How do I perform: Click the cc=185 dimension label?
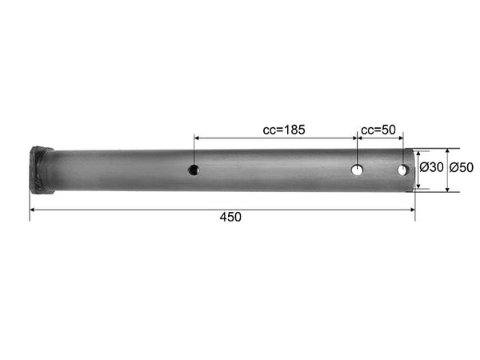coord(284,130)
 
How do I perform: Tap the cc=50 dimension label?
coord(378,130)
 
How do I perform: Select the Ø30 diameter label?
coord(431,167)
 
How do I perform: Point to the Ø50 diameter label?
coord(462,167)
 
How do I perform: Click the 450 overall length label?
coord(230,217)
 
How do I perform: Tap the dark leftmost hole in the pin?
coord(194,170)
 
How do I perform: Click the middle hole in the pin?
coord(357,170)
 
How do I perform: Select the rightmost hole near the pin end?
coord(402,170)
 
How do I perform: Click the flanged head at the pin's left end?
coord(42,170)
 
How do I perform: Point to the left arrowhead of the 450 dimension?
coord(32,210)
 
